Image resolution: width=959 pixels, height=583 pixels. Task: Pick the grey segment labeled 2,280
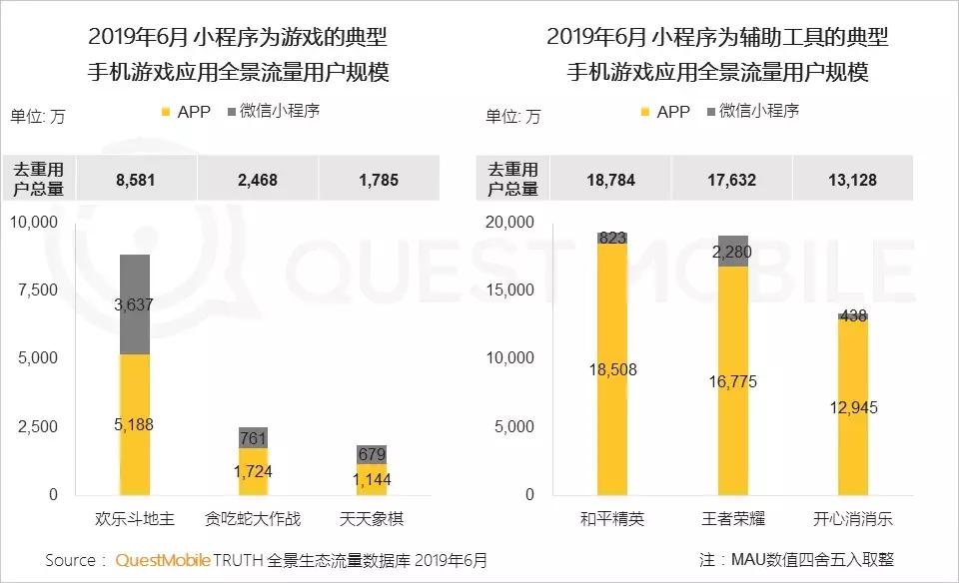(733, 251)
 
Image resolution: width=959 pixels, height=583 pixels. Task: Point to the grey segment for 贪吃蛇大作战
(253, 437)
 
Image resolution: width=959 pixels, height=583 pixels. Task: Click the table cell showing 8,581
(137, 181)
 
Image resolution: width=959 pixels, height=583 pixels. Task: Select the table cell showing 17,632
(732, 181)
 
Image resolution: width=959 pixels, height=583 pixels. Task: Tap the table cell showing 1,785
(378, 181)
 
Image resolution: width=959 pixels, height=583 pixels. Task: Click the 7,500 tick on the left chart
(37, 290)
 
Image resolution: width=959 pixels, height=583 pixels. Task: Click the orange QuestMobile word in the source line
(162, 560)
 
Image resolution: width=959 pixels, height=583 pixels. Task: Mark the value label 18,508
(612, 369)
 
